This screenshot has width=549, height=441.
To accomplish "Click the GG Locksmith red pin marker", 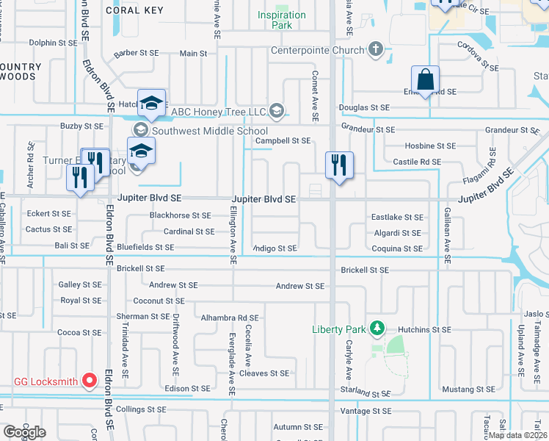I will click(90, 380).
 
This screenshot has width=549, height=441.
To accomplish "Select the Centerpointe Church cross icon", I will click(376, 50).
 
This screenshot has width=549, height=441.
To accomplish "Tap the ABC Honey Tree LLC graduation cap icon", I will click(276, 111).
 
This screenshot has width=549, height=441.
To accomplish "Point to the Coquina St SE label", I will click(397, 248).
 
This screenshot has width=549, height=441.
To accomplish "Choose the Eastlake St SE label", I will click(397, 218).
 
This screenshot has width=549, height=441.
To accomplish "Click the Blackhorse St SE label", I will click(180, 215).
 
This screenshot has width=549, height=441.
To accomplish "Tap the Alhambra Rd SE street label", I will click(230, 318).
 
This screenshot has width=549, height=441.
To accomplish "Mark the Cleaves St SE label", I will click(264, 373).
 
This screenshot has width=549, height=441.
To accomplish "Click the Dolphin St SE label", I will click(52, 43).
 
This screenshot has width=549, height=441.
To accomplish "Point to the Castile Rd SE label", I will click(417, 161).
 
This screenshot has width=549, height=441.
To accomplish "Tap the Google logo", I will click(24, 432).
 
